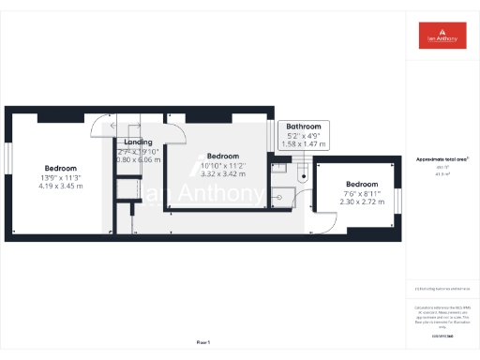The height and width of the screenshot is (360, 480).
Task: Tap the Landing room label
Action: [138, 142]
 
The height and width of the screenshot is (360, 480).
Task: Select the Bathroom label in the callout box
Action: [305, 127]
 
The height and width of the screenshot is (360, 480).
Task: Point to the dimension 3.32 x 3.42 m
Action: [223, 173]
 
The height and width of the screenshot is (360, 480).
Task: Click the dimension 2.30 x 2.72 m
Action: [361, 202]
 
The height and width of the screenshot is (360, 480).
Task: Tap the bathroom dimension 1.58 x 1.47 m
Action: [305, 144]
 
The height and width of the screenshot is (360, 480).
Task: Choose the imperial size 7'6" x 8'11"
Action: [361, 193]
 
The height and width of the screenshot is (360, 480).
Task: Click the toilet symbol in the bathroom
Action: [303, 174]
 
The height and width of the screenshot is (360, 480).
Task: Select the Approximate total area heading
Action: [442, 160]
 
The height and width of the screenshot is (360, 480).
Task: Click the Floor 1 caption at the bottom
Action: [203, 342]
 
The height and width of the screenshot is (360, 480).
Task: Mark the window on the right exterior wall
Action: [397, 201]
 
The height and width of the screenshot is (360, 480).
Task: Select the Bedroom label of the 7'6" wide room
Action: [361, 184]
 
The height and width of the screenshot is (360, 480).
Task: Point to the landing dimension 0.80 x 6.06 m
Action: [139, 159]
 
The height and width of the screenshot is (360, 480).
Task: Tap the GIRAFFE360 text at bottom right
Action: [442, 335]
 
